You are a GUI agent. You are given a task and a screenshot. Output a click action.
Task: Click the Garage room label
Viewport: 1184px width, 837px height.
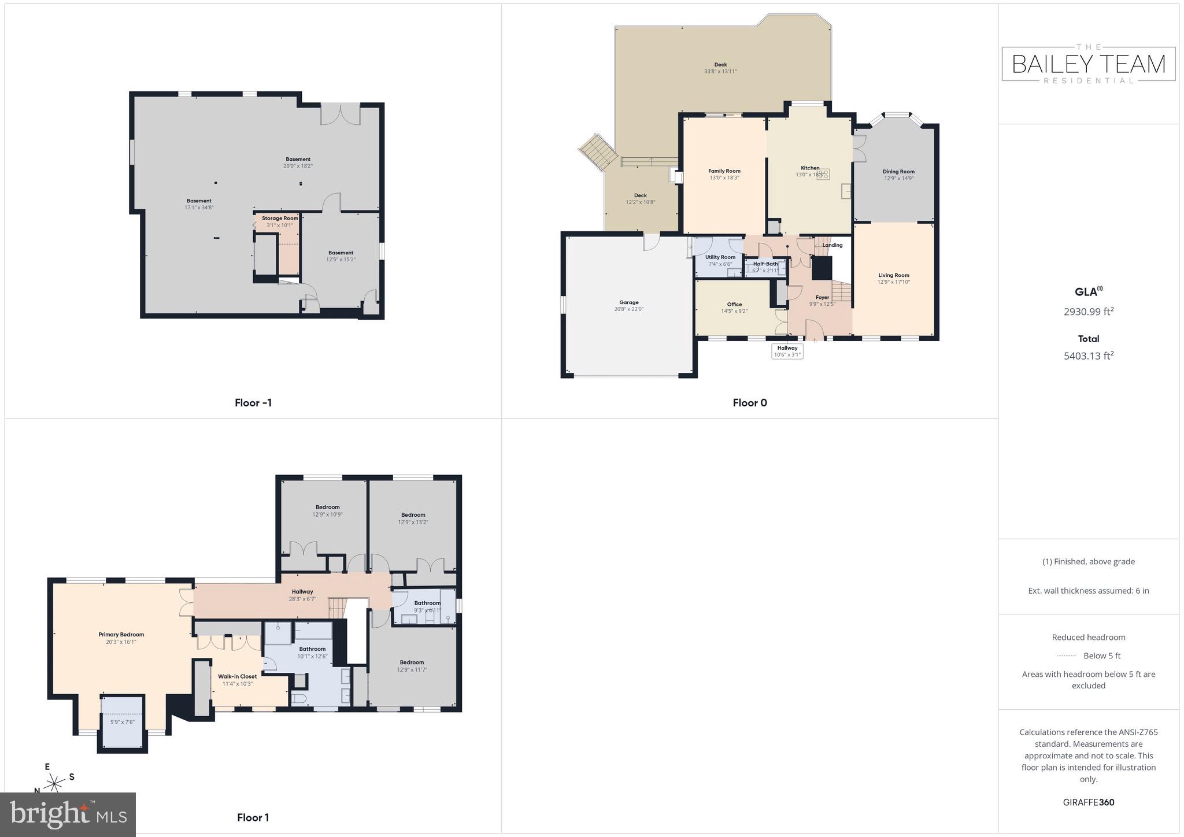pyautogui.click(x=628, y=302)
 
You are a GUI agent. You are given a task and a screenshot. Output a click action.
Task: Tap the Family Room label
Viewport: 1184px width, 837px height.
pyautogui.click(x=724, y=171)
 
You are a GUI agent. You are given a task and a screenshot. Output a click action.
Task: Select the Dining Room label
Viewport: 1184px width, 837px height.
pyautogui.click(x=898, y=172)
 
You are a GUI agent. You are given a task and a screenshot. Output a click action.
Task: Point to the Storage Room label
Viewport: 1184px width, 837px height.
pyautogui.click(x=280, y=218)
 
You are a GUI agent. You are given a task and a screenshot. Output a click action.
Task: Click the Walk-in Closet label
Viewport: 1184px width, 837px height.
pyautogui.click(x=237, y=676)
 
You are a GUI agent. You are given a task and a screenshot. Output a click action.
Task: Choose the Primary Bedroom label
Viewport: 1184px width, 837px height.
pyautogui.click(x=121, y=635)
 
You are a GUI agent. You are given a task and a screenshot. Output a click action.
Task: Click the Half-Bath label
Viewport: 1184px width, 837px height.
pyautogui.click(x=765, y=264)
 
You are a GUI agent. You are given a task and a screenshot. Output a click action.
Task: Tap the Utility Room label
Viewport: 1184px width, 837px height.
pyautogui.click(x=720, y=257)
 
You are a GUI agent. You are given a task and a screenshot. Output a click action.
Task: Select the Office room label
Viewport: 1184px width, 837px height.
pyautogui.click(x=734, y=305)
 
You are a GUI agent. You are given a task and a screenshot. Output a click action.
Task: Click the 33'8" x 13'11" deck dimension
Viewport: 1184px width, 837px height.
pyautogui.click(x=720, y=72)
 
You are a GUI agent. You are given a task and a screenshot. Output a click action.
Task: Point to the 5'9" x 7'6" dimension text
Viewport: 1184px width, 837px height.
pyautogui.click(x=122, y=722)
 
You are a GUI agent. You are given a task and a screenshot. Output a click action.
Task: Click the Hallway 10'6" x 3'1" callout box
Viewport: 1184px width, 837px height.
pyautogui.click(x=787, y=351)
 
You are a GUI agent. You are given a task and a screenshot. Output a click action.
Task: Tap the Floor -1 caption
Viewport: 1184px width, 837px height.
pyautogui.click(x=253, y=403)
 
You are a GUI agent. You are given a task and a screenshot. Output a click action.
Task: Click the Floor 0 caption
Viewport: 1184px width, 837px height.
pyautogui.click(x=749, y=403)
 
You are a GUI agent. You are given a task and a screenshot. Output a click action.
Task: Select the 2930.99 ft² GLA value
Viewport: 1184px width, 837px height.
pyautogui.click(x=1088, y=312)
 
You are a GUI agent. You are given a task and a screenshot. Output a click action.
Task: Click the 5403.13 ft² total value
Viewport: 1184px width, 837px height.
pyautogui.click(x=1088, y=356)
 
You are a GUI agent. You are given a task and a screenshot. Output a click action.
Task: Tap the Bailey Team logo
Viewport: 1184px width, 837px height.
pyautogui.click(x=1088, y=64)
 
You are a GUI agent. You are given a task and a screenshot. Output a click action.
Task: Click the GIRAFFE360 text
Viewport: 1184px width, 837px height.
pyautogui.click(x=1088, y=802)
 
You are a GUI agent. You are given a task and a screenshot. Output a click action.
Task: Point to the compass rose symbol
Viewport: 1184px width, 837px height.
pyautogui.click(x=55, y=783)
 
